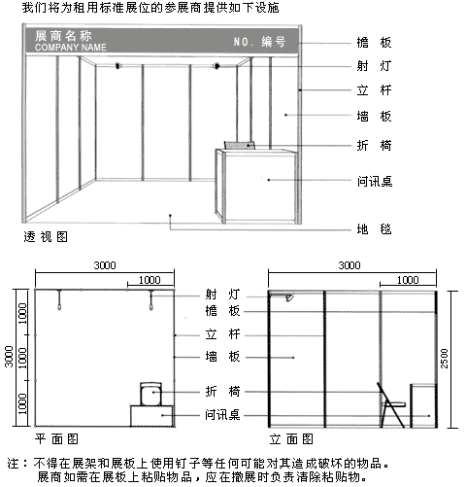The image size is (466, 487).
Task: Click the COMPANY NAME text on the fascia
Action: click(71, 48)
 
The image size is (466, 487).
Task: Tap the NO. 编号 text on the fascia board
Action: click(259, 42)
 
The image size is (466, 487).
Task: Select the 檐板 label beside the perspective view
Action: click(374, 43)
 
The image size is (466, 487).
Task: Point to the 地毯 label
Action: click(374, 229)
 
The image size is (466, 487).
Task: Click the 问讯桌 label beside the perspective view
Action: click(375, 181)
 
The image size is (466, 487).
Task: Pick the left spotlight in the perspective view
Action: click(118, 66)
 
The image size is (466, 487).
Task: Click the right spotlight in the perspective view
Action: click(216, 66)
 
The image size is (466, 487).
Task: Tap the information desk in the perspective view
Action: click(257, 186)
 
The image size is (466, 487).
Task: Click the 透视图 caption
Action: click(46, 237)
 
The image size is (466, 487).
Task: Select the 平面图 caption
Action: click(56, 439)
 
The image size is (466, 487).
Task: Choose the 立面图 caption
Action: click(291, 439)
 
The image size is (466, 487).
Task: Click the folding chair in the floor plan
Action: click(150, 394)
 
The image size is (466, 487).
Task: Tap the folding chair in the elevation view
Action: click(392, 405)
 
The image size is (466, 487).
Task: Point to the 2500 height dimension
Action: click(445, 359)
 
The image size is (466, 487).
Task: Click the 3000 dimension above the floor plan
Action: click(105, 265)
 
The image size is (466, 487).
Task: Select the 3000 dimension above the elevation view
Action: click(349, 265)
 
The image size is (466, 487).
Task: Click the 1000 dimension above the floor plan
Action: click(150, 280)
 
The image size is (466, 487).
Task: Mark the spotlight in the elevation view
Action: click(289, 297)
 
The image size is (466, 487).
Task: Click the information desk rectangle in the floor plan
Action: click(152, 416)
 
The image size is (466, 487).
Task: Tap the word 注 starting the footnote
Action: click(13, 464)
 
